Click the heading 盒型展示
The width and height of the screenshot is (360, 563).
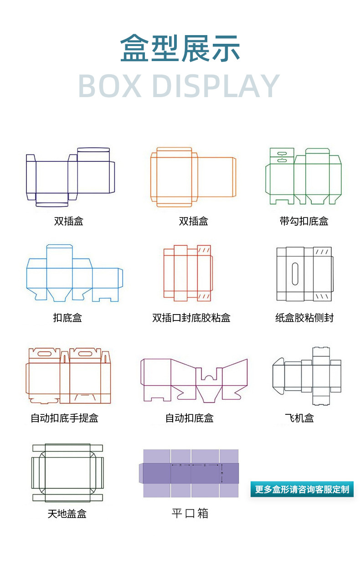pos(180,48)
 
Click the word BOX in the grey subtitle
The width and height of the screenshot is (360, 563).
pos(109,86)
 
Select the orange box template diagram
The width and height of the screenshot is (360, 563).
pos(193,177)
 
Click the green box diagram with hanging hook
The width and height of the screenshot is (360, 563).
pos(303,176)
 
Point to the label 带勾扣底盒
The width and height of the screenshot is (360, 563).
pos(304,222)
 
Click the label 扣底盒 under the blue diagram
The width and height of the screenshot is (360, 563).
pos(67,318)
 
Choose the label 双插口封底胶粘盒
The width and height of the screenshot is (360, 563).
pos(191,318)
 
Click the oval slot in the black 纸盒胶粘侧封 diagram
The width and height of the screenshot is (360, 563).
pos(295,273)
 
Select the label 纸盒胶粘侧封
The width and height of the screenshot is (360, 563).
pos(304,318)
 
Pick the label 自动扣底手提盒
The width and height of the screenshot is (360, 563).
pos(64,418)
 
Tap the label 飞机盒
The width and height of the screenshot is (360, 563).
pos(299,418)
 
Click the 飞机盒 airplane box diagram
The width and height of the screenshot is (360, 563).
pos(307,376)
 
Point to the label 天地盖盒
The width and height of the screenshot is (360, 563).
pos(67,514)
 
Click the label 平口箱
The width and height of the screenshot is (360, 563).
pos(190,513)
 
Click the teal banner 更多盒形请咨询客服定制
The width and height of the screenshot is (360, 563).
pos(302,489)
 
